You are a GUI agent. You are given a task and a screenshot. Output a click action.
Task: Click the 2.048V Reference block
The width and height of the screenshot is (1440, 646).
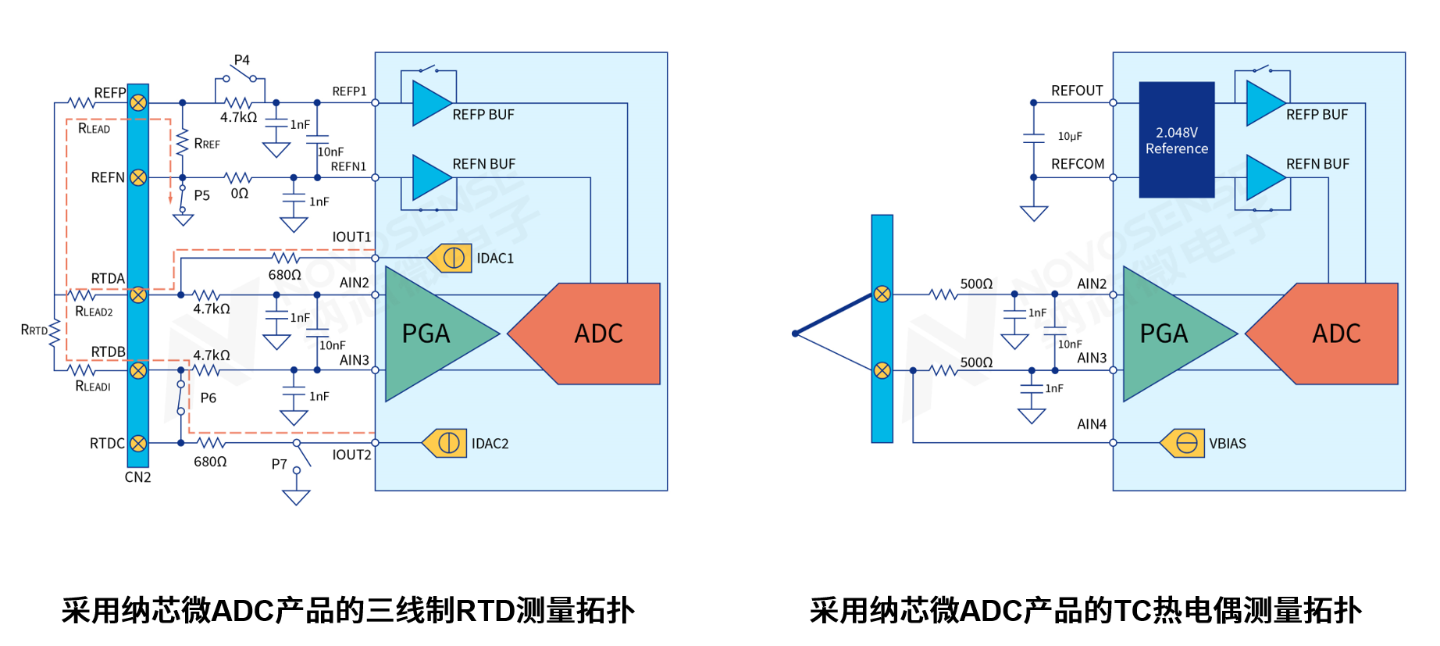pos(1176,140)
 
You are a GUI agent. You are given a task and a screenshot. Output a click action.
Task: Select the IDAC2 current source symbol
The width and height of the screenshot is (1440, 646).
pos(445,443)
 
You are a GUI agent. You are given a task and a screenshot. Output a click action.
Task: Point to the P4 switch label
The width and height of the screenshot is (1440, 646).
pos(242,60)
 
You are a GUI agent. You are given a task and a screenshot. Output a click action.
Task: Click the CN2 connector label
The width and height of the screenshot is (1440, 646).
pos(137,477)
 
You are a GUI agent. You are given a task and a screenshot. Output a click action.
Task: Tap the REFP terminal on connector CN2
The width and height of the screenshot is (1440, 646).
pos(138,102)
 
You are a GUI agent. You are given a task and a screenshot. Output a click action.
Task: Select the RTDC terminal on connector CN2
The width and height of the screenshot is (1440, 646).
pos(138,443)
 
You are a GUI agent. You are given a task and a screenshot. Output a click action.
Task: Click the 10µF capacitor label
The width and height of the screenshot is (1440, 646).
pos(1070,136)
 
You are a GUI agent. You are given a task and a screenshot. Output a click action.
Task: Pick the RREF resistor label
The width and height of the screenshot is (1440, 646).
pos(207,144)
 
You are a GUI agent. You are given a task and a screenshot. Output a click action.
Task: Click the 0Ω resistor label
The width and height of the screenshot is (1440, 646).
pos(239,193)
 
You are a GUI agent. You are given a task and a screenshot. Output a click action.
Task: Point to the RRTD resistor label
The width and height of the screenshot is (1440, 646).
pos(34,330)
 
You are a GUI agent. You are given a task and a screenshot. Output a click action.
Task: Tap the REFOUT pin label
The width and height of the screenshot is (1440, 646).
pos(1077,91)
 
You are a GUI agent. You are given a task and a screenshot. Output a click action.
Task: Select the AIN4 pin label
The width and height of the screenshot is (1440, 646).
pos(1092,424)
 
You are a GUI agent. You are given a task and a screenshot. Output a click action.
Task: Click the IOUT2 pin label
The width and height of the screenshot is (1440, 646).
pos(351,455)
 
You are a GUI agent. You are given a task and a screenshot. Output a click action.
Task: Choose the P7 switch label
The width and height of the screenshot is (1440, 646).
pos(279,464)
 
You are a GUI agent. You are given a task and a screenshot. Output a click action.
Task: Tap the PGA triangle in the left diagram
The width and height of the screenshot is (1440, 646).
pos(430,334)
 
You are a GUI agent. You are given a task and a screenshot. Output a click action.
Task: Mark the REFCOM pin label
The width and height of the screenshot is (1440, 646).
pos(1078,164)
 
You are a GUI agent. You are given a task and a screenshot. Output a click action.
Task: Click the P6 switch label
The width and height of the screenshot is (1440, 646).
pos(208,398)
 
